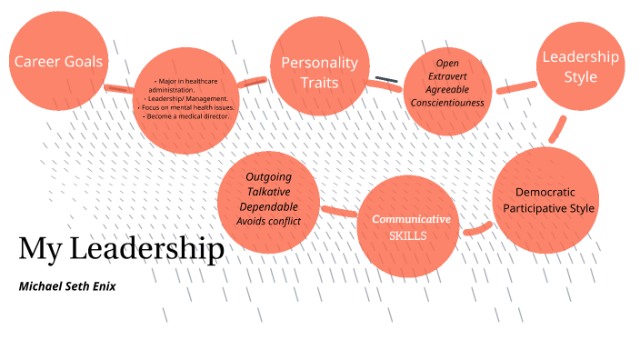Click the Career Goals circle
pyautogui.click(x=57, y=62)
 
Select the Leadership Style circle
pyautogui.click(x=580, y=66)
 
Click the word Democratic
pyautogui.click(x=545, y=193)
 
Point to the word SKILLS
pyautogui.click(x=408, y=235)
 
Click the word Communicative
pyautogui.click(x=411, y=219)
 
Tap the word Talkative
pyautogui.click(x=268, y=192)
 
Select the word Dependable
pyautogui.click(x=268, y=206)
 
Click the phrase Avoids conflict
pyautogui.click(x=268, y=221)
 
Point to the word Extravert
pyautogui.click(x=447, y=76)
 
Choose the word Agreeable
pyautogui.click(x=447, y=89)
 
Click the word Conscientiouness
pyautogui.click(x=447, y=102)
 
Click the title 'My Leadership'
pyautogui.click(x=121, y=248)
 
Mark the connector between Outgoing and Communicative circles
pyautogui.click(x=339, y=213)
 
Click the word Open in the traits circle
pyautogui.click(x=447, y=64)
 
